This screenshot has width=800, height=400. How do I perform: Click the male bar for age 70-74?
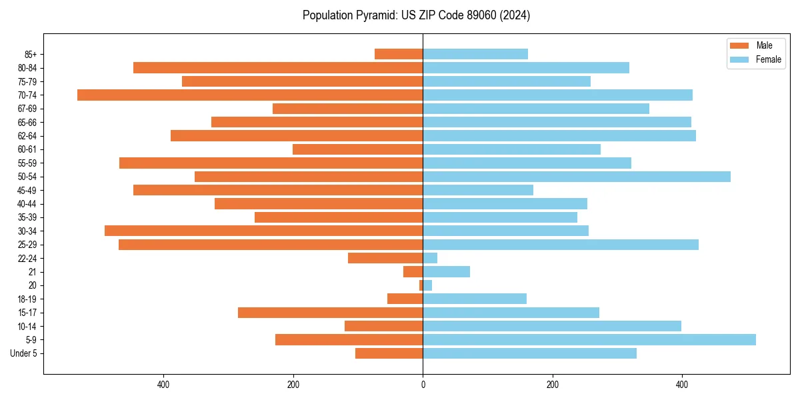click(x=250, y=95)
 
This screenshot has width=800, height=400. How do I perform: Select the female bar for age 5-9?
click(x=589, y=339)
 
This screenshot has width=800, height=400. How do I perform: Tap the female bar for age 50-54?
click(x=577, y=177)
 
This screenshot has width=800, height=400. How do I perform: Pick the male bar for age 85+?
click(x=399, y=54)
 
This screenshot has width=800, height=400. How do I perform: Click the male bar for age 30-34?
click(x=263, y=231)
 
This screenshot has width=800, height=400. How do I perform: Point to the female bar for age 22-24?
click(x=430, y=258)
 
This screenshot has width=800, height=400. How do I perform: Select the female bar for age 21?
click(x=446, y=271)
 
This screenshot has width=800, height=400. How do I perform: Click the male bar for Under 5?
click(x=389, y=353)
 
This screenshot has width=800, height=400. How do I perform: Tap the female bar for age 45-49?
click(x=478, y=190)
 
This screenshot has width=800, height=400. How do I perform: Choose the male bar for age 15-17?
click(x=330, y=312)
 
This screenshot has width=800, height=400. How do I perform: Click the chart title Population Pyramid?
click(x=416, y=15)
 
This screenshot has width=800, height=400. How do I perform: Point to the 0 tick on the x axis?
click(x=423, y=385)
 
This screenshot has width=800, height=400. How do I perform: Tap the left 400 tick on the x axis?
click(x=163, y=385)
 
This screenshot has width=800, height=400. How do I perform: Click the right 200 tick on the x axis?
click(x=552, y=385)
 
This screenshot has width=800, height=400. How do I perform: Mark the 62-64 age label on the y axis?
click(x=27, y=136)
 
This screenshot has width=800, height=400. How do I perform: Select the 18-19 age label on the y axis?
click(x=27, y=299)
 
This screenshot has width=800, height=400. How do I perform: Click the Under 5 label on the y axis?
click(x=23, y=353)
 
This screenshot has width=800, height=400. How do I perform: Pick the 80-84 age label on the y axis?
click(x=27, y=68)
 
